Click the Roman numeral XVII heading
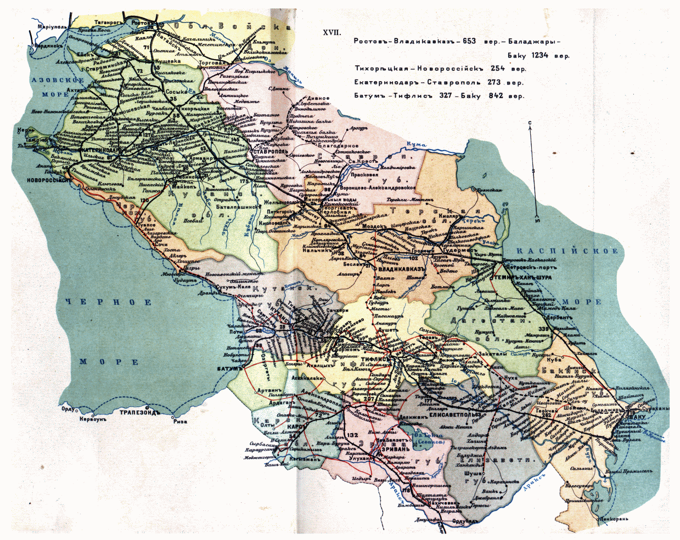coord(331,33)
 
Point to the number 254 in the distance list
coord(498,69)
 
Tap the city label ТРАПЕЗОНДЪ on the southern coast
coord(140,412)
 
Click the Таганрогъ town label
coord(108,22)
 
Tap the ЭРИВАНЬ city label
coord(395,450)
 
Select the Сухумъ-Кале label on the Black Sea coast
coord(233,287)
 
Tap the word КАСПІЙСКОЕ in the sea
coord(567,251)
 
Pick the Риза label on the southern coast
coord(179,421)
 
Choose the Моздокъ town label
coord(375,226)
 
